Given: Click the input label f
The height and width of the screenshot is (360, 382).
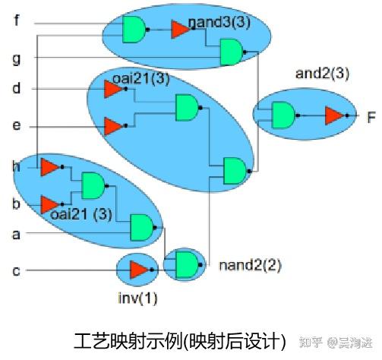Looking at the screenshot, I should point(17,21).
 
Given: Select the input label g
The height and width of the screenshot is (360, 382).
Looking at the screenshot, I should point(17,58).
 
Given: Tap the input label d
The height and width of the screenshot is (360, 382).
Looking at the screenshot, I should point(17,90).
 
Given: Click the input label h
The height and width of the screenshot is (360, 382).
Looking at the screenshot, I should point(17,166).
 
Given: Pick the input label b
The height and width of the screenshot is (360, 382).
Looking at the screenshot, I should point(17,204).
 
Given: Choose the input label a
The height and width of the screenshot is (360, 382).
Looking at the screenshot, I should point(17,234).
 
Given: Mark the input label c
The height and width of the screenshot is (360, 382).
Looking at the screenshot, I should point(17,270).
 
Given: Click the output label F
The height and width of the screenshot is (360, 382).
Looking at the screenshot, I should point(371,117).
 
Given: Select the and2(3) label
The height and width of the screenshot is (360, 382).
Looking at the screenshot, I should point(323,73).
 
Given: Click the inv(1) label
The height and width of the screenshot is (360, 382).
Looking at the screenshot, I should point(138,298).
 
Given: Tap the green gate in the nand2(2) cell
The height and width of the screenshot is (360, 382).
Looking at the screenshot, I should point(185,264).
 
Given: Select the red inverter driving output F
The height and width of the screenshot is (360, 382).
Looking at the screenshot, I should point(333,115).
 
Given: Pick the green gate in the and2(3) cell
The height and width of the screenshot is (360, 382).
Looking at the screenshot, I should point(283,115).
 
